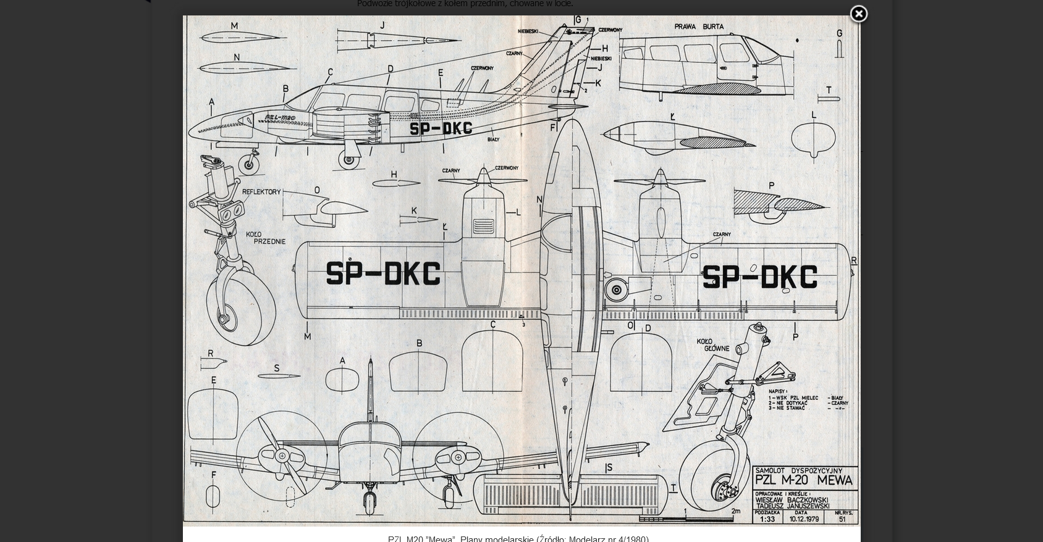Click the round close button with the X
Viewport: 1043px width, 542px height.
[858, 14]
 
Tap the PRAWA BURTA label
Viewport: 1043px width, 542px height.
[699, 27]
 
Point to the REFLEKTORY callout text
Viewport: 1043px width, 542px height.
[261, 192]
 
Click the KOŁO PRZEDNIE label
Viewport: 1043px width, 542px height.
[266, 238]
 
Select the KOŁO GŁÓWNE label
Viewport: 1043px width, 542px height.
[713, 344]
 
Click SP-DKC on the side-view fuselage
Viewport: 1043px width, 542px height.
[441, 128]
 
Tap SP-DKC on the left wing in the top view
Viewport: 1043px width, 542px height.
[383, 274]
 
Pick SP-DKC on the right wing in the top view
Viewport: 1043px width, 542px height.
[759, 277]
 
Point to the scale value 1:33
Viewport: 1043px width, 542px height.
[767, 519]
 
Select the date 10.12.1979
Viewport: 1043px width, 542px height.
[804, 519]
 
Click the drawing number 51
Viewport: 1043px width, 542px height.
[842, 519]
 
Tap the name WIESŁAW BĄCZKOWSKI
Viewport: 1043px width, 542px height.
[792, 499]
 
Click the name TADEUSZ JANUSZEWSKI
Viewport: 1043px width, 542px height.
[792, 506]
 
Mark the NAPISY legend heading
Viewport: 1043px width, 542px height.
[777, 391]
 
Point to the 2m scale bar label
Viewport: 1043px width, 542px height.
[735, 511]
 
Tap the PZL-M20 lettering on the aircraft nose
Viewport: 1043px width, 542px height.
[280, 117]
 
